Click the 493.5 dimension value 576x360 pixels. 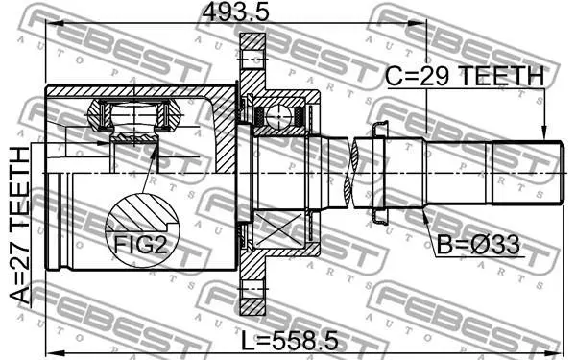click(235, 12)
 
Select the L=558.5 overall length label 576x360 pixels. click(290, 340)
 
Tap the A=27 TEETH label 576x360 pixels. click(19, 226)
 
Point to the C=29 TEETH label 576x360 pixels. click(465, 76)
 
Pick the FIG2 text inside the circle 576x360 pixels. click(141, 245)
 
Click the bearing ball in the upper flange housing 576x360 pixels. click(279, 116)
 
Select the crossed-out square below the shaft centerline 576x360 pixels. click(278, 229)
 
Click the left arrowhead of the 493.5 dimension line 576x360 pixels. click(53, 23)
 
